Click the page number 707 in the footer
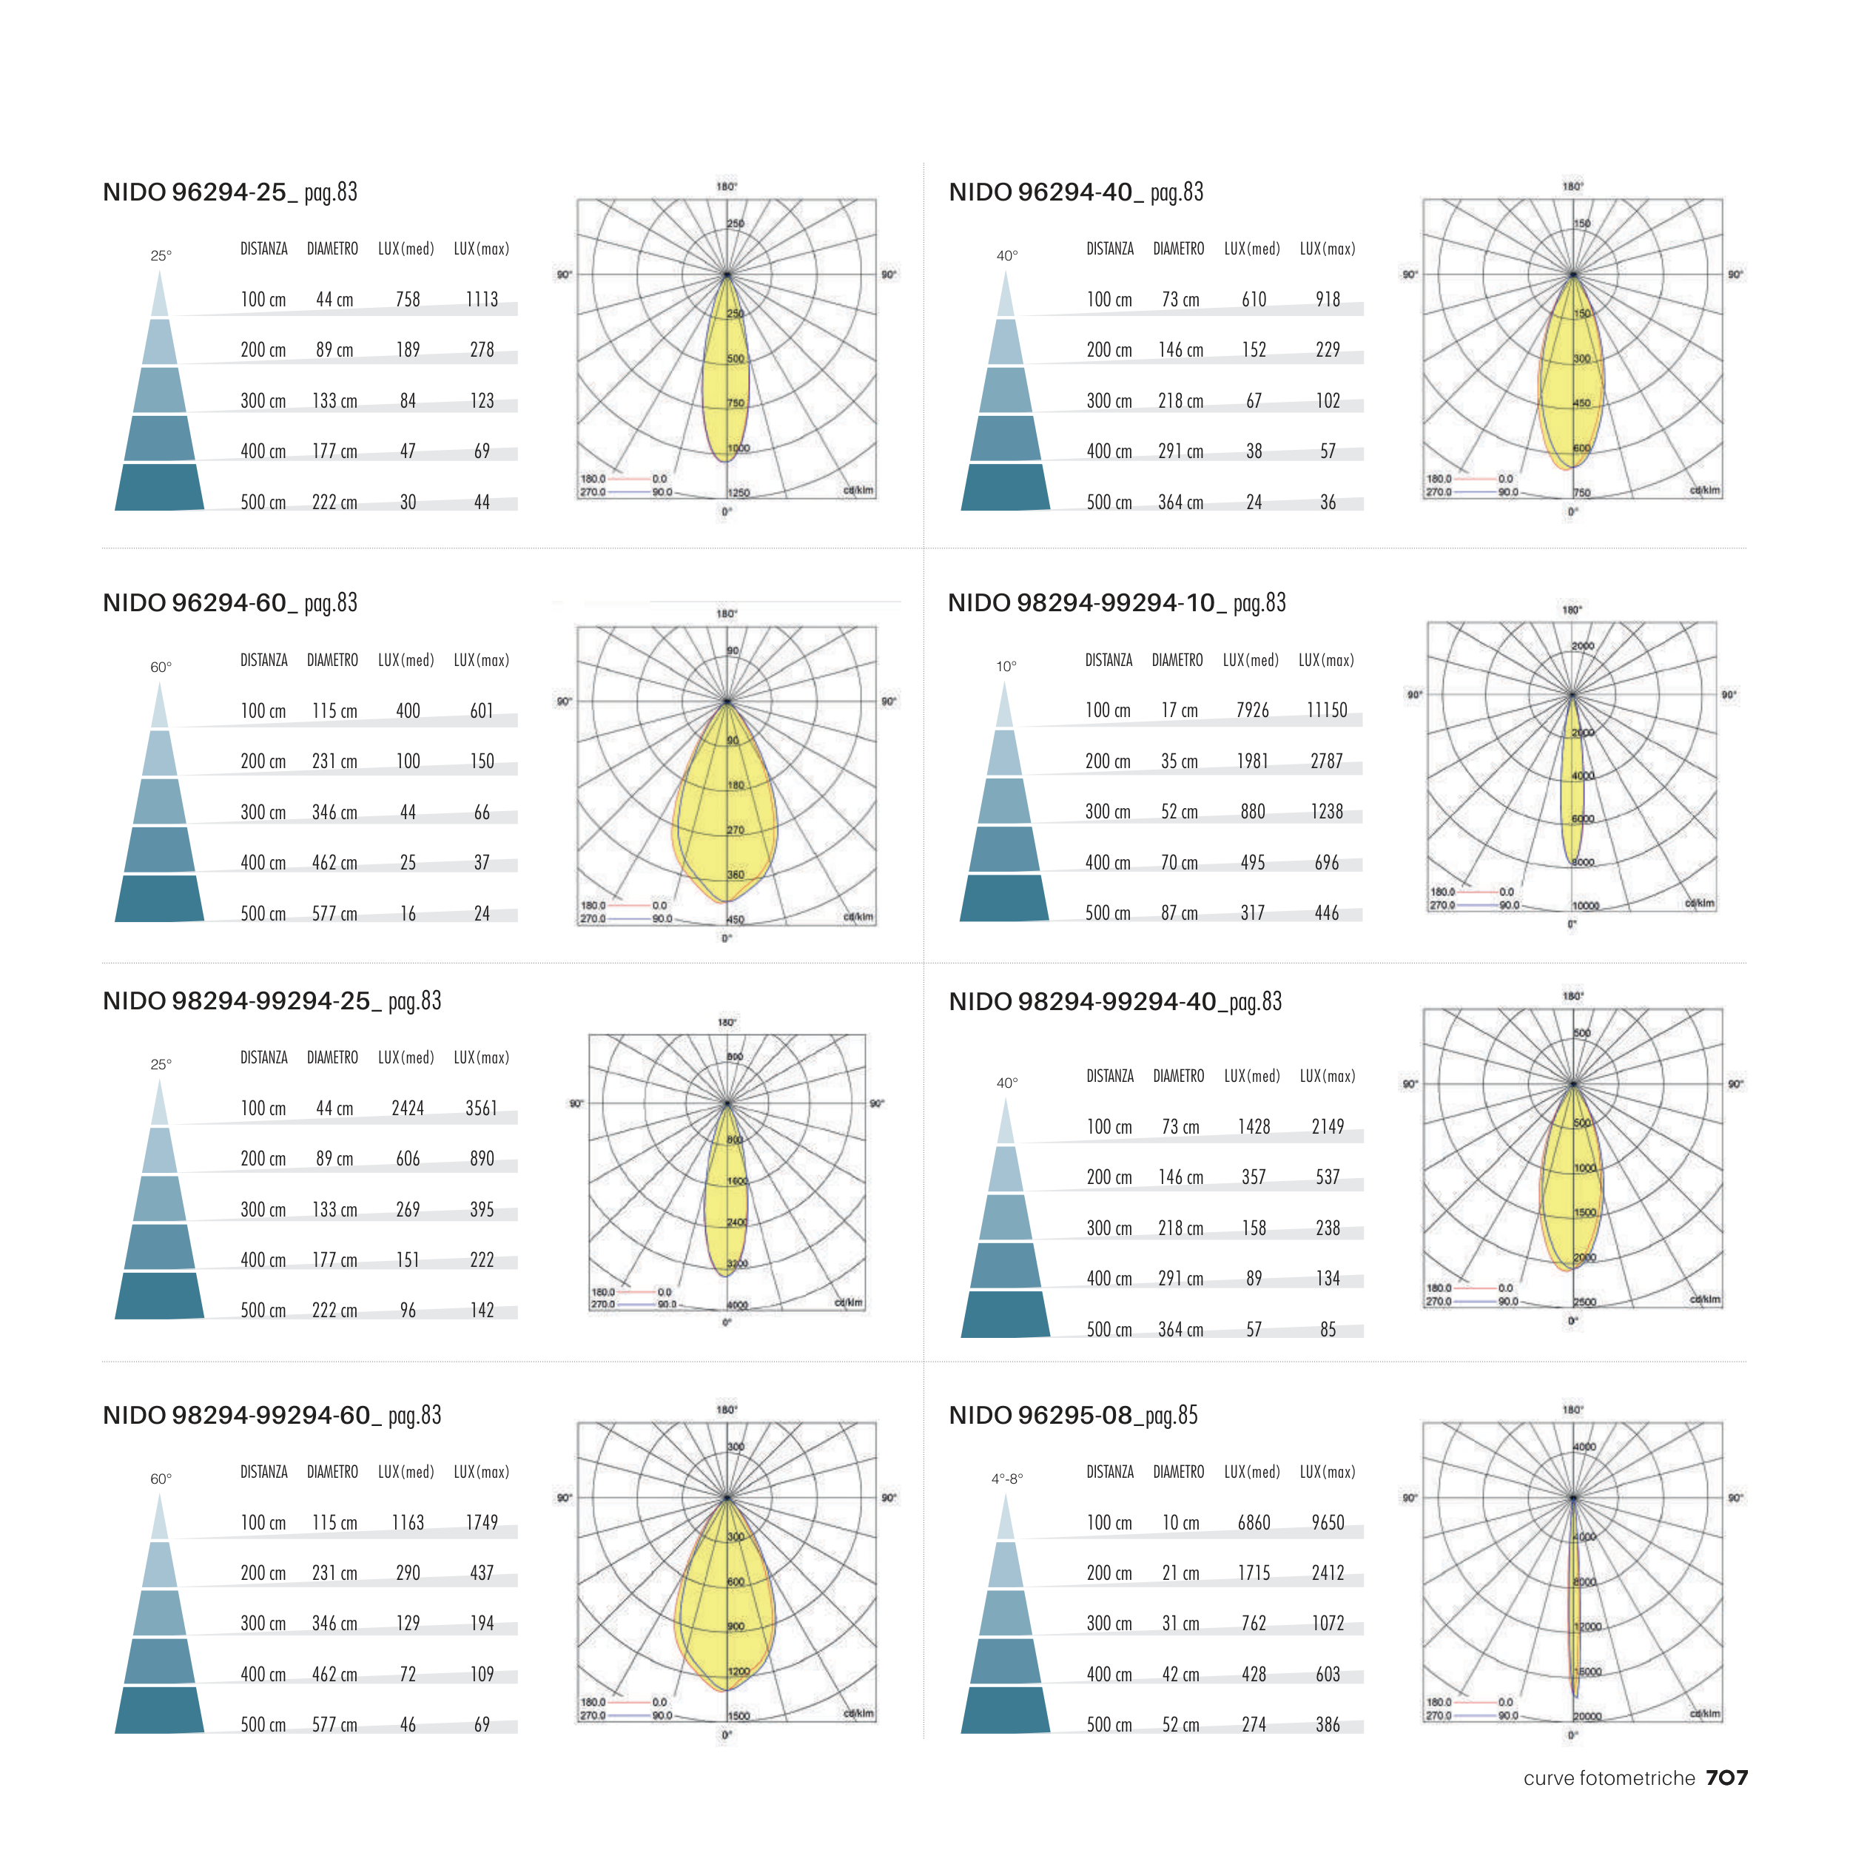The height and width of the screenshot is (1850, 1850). tap(1726, 1778)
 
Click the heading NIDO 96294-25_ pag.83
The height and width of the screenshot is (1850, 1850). tap(230, 192)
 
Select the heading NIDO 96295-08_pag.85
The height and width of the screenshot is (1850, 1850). tap(1072, 1416)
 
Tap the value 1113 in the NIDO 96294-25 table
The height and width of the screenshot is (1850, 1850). tap(482, 300)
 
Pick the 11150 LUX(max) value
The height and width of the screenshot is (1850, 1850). tap(1326, 710)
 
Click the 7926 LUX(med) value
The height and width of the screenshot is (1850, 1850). tap(1253, 710)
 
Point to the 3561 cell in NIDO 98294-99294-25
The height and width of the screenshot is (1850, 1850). tap(482, 1108)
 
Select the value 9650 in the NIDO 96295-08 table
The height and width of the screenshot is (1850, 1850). tap(1327, 1522)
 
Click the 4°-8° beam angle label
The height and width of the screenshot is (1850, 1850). tap(1006, 1479)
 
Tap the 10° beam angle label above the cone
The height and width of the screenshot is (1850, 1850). tap(1006, 667)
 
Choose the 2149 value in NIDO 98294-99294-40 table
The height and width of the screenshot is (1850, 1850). tap(1327, 1127)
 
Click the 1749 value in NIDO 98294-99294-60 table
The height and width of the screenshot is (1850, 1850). tap(482, 1522)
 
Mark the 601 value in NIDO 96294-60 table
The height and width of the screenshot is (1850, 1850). tap(482, 711)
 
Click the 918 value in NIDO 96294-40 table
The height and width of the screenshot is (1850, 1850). tap(1327, 300)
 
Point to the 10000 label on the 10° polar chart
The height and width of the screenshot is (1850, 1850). tap(1586, 906)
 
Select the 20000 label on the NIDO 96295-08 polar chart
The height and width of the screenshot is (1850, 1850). tap(1587, 1717)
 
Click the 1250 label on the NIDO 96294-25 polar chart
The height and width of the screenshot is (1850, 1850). tap(739, 493)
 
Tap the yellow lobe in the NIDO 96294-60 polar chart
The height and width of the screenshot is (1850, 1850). tap(726, 814)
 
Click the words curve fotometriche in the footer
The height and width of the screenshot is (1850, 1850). tap(1609, 1778)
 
